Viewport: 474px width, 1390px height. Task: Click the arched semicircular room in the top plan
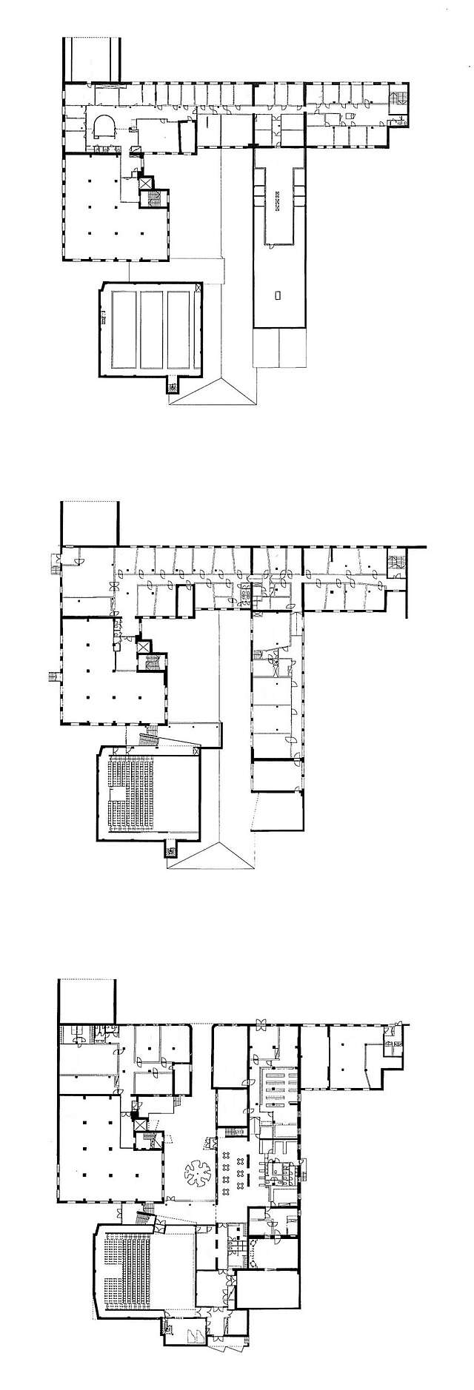[x=103, y=127]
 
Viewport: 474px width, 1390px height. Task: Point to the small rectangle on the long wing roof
[x=278, y=295]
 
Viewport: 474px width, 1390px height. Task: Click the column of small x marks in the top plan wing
[x=278, y=201]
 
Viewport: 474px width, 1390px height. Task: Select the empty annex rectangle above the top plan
[x=93, y=57]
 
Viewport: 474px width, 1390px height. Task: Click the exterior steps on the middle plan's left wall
[x=52, y=675]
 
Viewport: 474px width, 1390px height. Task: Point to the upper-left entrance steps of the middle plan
[x=55, y=563]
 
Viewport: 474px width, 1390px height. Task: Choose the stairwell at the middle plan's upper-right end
[x=398, y=563]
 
